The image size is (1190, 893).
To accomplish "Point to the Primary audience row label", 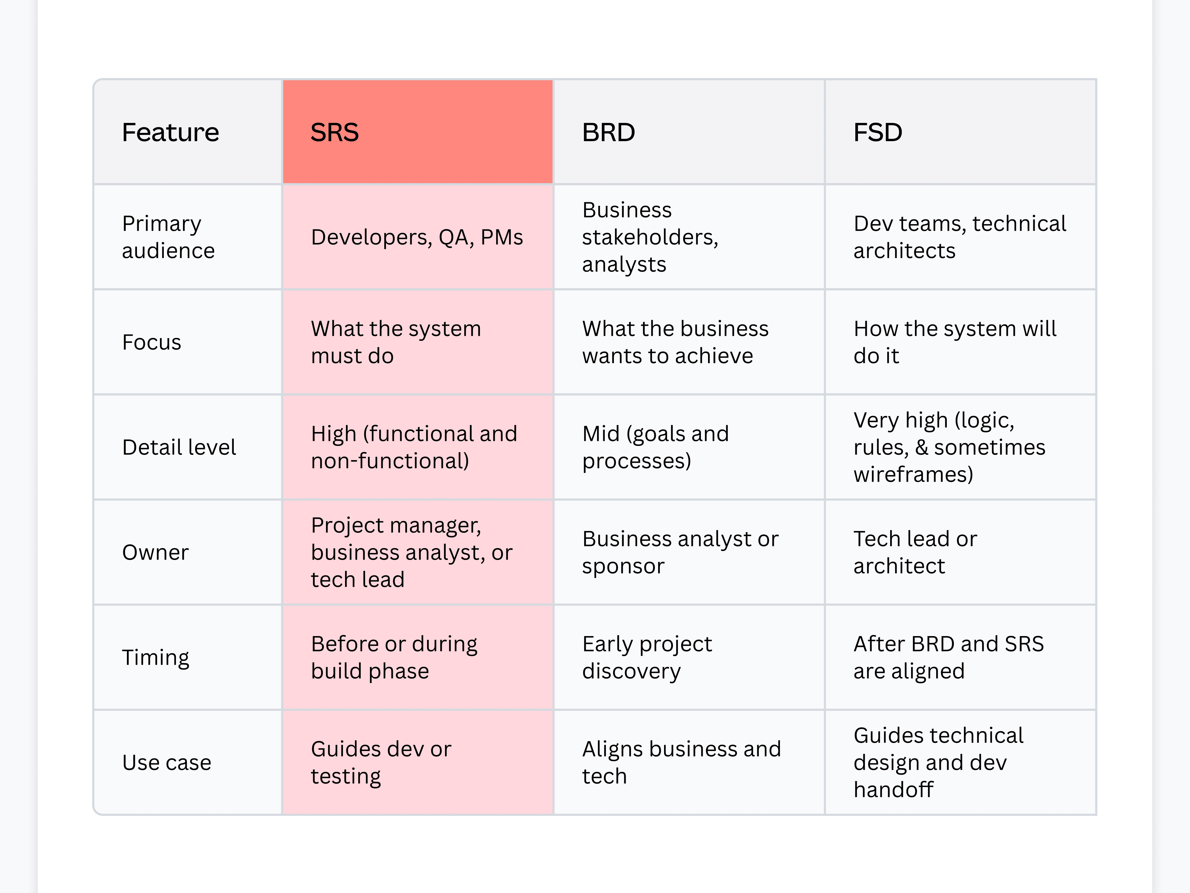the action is (169, 237).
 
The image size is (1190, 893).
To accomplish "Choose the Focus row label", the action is (152, 342).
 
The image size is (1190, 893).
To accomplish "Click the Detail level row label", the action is (179, 447).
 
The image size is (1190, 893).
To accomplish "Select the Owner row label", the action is (156, 552).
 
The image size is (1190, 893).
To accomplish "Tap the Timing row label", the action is (156, 658).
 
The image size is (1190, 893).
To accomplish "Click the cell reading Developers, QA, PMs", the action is (417, 237).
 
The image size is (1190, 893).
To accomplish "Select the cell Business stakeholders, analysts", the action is (650, 237).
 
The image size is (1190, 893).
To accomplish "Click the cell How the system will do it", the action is (955, 342).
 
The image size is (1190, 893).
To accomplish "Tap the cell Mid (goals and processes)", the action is (655, 447).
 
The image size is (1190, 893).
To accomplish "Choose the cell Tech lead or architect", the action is (915, 552).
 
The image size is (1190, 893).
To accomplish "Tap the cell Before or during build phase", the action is (394, 658).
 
